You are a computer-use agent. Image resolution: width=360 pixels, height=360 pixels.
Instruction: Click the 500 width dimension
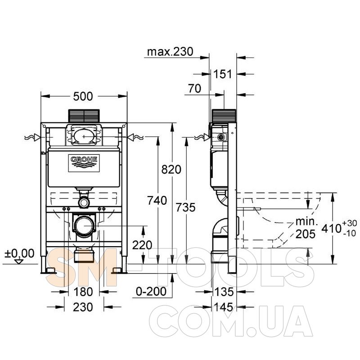point(83,96)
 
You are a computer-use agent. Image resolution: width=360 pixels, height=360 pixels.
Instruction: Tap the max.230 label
point(170,52)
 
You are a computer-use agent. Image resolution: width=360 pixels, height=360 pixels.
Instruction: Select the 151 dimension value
point(223,74)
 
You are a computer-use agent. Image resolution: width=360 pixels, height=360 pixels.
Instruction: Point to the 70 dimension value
point(194,88)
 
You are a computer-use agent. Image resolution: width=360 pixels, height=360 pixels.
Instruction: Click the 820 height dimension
point(171,170)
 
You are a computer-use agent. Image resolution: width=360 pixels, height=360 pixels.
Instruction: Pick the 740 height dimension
point(157,200)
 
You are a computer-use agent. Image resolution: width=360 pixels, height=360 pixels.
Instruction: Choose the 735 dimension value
point(185,207)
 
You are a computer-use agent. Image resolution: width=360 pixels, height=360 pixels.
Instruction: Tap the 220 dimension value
point(142,245)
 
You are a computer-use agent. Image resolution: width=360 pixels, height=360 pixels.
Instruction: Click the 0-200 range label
point(151,291)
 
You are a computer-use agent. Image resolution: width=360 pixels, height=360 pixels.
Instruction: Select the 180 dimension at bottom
point(83,292)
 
